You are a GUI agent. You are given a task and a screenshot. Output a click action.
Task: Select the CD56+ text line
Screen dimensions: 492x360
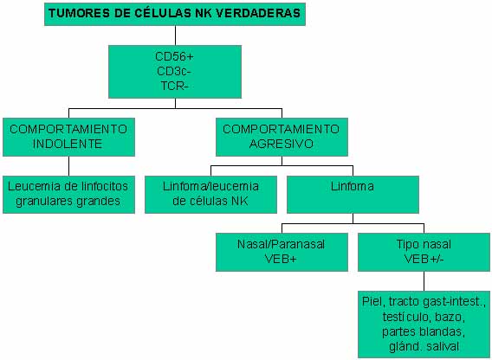(175, 57)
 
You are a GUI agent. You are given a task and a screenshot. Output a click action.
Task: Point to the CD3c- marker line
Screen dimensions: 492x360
(174, 71)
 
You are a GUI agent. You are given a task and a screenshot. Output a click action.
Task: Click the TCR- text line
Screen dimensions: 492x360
(175, 86)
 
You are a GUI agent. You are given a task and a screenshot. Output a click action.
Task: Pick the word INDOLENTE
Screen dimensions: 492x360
(68, 144)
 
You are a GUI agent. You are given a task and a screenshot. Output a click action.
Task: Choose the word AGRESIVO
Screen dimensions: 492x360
(282, 144)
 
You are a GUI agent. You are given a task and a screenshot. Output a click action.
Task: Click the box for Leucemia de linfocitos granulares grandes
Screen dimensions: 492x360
(68, 195)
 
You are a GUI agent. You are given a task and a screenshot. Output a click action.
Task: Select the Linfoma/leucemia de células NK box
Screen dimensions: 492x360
(210, 195)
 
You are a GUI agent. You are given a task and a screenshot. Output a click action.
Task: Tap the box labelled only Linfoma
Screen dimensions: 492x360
(353, 195)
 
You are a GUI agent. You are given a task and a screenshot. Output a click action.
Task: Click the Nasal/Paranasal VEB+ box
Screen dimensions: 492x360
(282, 252)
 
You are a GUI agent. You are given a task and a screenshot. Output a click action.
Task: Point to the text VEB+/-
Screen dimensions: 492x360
(424, 259)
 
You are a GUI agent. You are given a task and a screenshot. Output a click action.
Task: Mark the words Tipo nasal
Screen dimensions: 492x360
(424, 244)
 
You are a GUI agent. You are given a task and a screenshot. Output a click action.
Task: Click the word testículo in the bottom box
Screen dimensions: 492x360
(406, 317)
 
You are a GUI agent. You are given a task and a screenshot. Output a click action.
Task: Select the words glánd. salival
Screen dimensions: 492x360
(424, 346)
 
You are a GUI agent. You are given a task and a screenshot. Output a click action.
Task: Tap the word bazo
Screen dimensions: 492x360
(450, 317)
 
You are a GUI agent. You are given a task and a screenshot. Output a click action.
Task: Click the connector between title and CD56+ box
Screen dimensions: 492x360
(175, 35)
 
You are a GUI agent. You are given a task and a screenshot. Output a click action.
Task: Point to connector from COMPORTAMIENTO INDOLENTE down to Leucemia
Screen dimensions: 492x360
(68, 166)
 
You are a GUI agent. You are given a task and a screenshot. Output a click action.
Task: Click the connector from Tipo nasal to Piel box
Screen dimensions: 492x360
(424, 281)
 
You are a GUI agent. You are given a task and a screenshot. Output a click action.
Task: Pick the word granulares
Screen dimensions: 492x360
(44, 202)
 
